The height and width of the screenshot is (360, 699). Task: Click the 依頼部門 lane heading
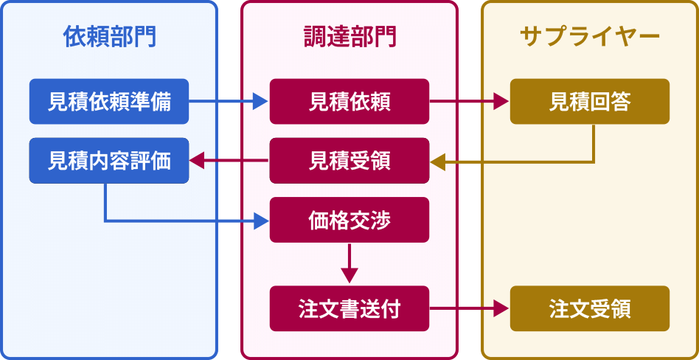[109, 37]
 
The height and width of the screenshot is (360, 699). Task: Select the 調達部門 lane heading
[349, 37]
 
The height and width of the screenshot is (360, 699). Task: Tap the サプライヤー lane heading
[590, 37]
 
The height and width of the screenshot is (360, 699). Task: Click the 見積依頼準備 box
[109, 102]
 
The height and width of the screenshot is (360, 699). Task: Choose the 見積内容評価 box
[109, 161]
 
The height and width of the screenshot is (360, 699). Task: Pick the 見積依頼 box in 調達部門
[349, 102]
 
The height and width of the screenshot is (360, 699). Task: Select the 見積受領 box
[349, 161]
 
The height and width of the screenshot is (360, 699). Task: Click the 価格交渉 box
[349, 220]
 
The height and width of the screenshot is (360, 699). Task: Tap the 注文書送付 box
[349, 308]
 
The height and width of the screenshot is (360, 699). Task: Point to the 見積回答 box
[590, 102]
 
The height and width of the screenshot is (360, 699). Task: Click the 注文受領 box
[590, 308]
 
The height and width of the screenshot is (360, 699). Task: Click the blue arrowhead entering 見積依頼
[260, 102]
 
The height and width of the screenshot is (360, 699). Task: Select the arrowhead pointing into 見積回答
[501, 102]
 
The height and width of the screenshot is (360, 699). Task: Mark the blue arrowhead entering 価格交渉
[260, 220]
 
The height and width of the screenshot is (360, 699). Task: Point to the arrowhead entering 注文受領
[501, 308]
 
